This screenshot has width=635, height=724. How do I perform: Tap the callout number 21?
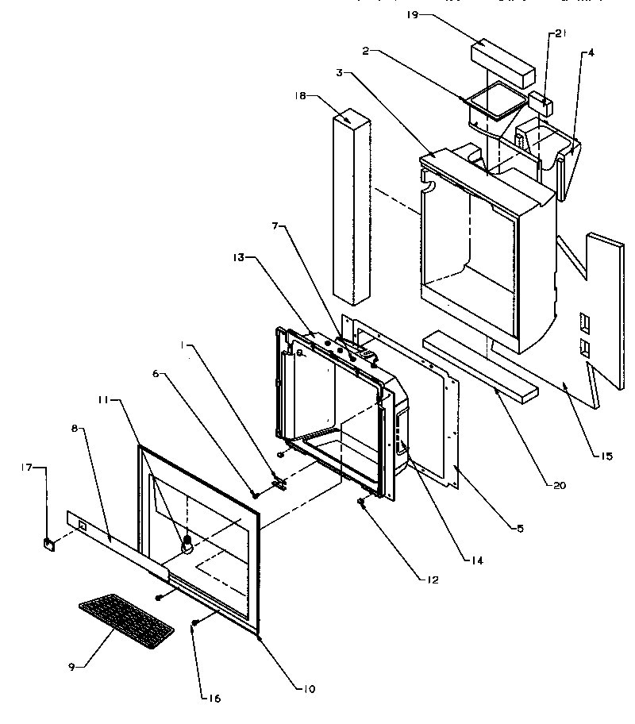coord(560,33)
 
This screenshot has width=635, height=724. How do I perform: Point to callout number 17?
coord(26,468)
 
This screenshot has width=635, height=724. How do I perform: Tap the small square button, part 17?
coord(49,544)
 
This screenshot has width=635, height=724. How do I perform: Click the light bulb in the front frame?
coord(188,544)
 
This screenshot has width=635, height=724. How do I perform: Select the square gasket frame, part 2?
coord(495,100)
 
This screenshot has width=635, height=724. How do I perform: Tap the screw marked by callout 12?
coord(361,502)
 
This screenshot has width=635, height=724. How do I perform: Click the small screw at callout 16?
coord(194,625)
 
